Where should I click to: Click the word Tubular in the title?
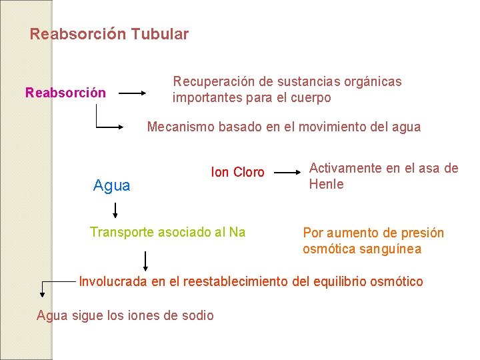(160, 34)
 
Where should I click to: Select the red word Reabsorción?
(65, 93)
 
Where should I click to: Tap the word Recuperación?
(213, 82)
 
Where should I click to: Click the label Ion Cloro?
(237, 173)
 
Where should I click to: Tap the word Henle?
(326, 185)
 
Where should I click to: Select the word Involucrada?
(113, 282)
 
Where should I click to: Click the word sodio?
(198, 316)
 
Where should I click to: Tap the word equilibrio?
(352, 282)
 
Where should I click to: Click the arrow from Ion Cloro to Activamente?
(287, 172)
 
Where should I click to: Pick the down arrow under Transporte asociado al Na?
(145, 259)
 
